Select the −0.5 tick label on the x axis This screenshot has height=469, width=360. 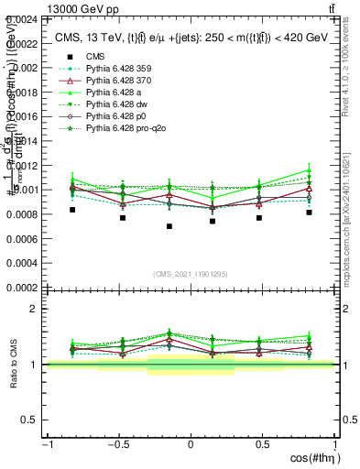[116, 444]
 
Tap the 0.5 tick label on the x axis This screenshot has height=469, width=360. [263, 444]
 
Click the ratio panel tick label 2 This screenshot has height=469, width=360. [34, 310]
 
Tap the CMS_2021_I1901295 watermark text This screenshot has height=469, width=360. [190, 275]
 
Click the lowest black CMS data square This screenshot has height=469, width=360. [169, 226]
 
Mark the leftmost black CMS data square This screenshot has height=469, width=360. [72, 210]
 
